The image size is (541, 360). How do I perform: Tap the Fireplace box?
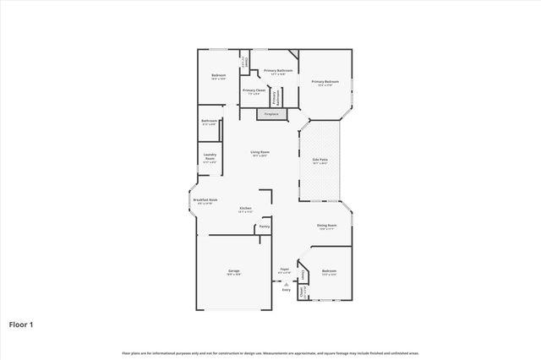tap(271, 113)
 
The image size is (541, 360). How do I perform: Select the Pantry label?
tap(265, 226)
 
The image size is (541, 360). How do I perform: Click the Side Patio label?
tap(320, 160)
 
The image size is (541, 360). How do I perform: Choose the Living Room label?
tap(259, 152)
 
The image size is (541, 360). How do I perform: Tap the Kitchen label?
tap(245, 208)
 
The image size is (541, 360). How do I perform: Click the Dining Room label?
tap(326, 226)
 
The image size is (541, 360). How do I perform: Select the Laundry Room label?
tap(210, 155)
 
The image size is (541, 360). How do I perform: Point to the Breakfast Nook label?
tap(207, 200)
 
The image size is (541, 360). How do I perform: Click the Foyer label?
tap(284, 270)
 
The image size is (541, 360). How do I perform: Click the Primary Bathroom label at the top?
tap(280, 71)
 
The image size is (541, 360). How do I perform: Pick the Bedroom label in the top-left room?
tap(218, 76)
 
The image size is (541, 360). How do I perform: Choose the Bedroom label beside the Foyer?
tap(329, 271)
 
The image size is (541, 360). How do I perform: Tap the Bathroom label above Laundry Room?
tap(210, 121)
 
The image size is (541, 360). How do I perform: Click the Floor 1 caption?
tap(22, 324)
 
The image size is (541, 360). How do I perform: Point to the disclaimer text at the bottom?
tap(270, 352)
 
